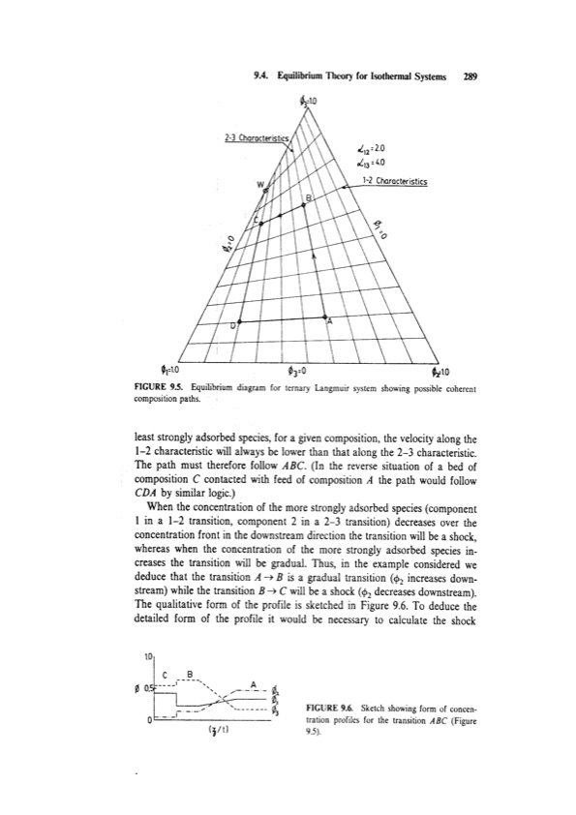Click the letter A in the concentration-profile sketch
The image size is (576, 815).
pyautogui.click(x=254, y=684)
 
